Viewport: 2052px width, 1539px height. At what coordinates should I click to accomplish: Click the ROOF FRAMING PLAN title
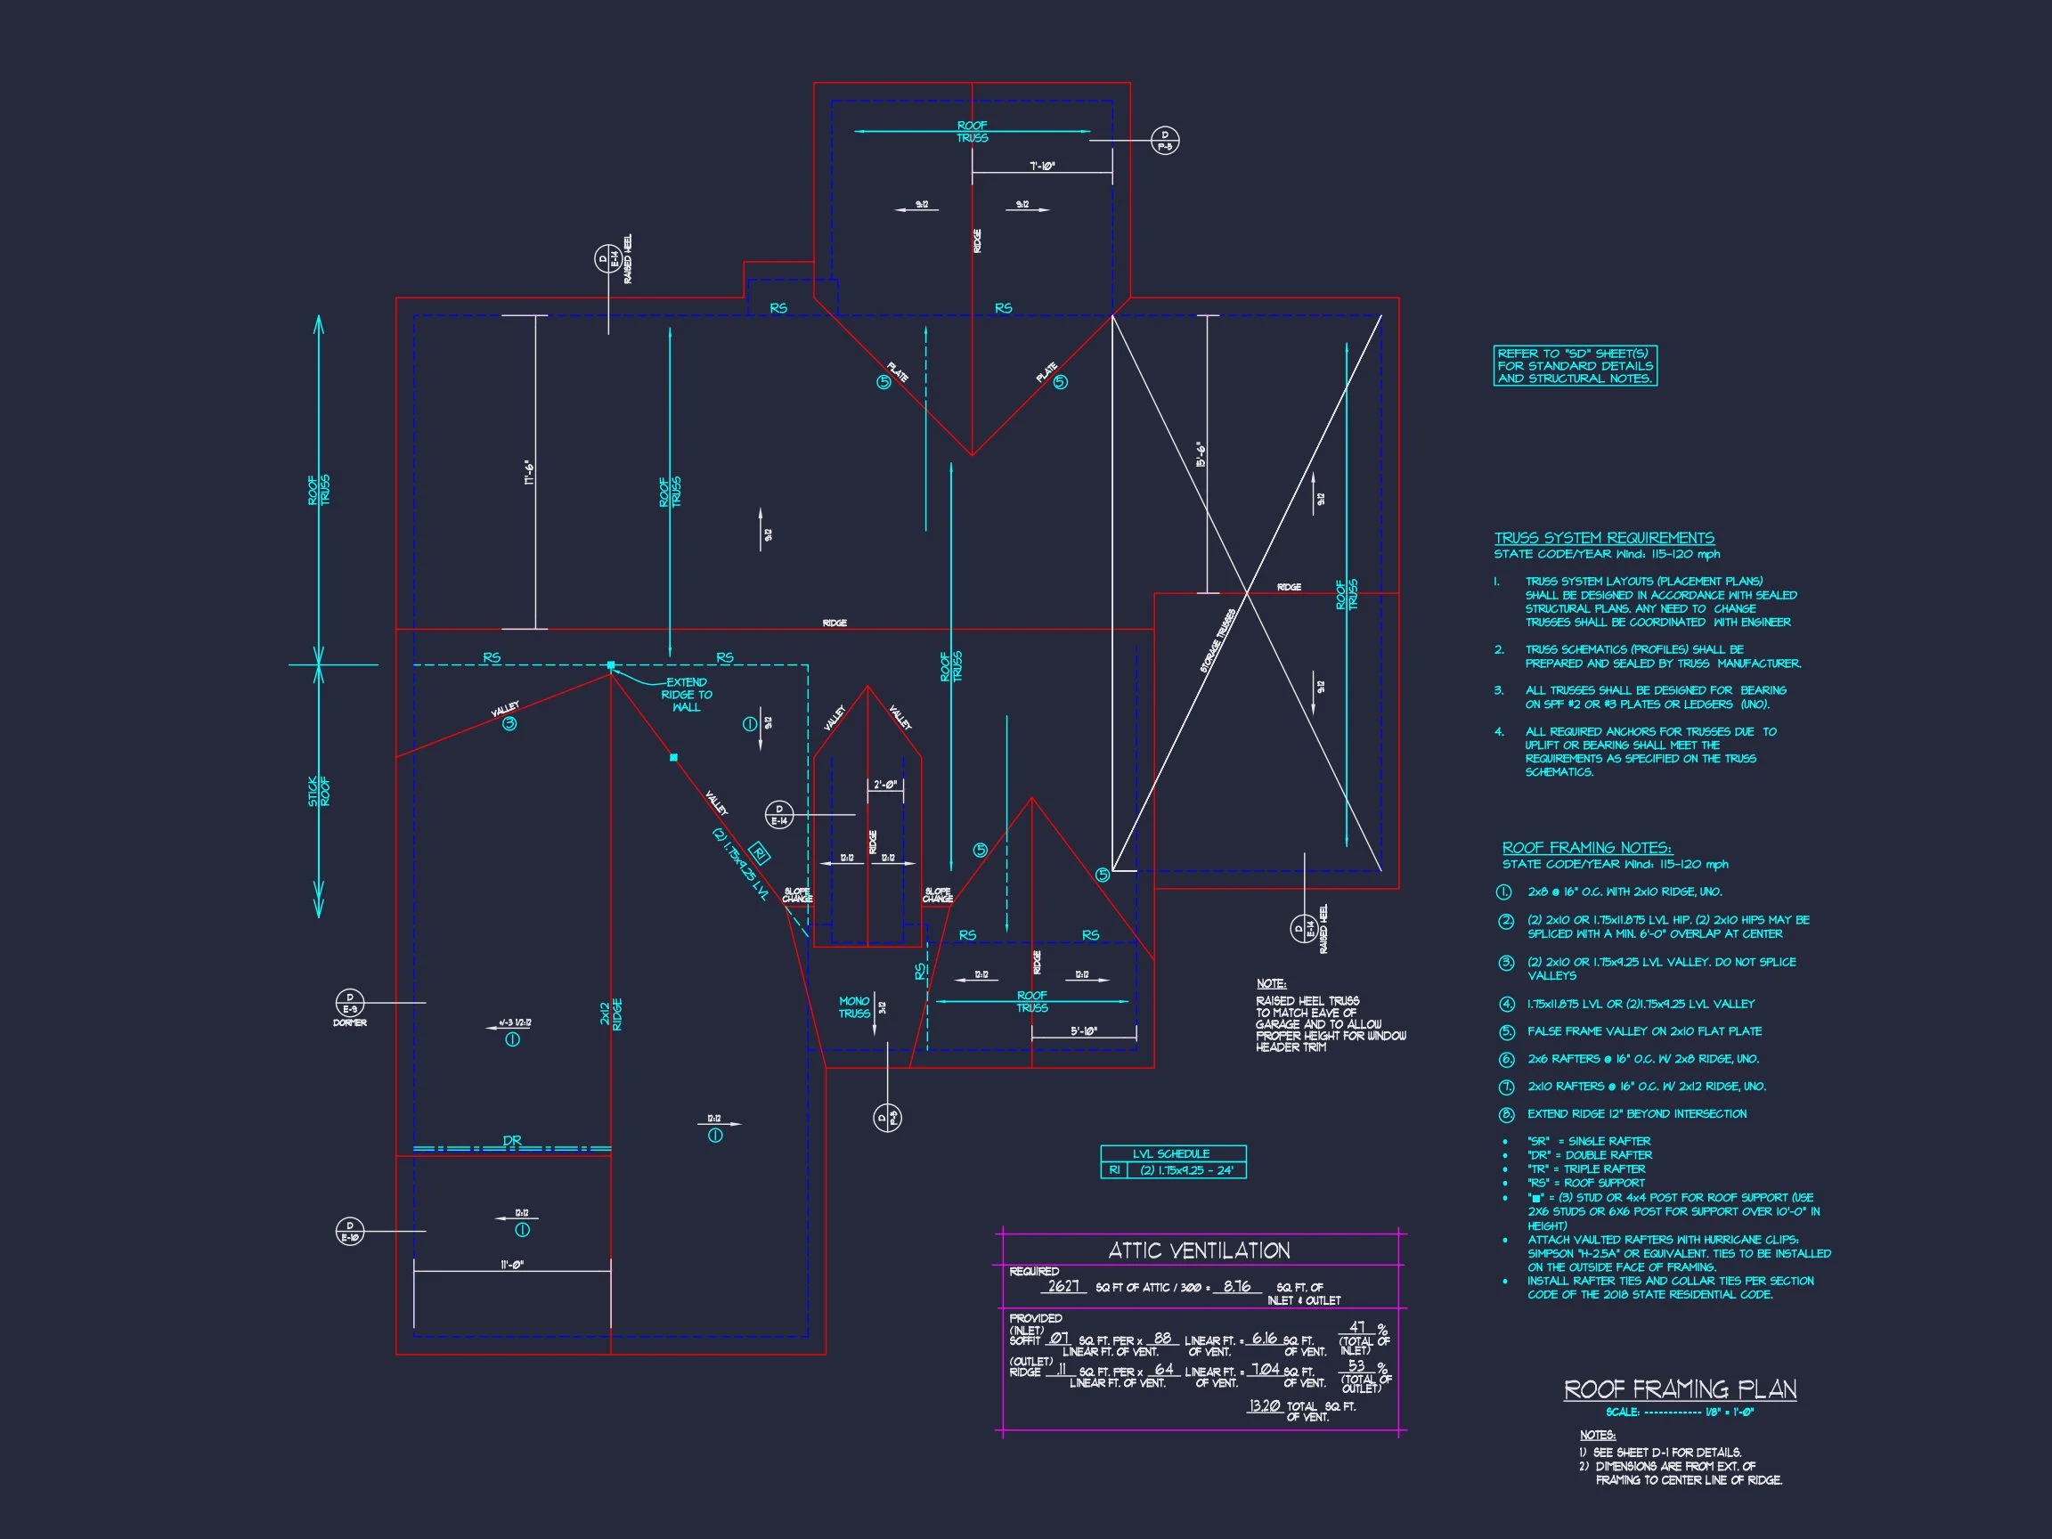(1680, 1388)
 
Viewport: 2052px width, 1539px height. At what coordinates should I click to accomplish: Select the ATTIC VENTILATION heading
(1199, 1250)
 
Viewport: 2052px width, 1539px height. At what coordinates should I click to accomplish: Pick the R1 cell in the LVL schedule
(1114, 1170)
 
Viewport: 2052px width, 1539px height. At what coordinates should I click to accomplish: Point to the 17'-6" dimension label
(530, 473)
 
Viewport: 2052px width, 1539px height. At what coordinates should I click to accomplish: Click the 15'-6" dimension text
(1201, 454)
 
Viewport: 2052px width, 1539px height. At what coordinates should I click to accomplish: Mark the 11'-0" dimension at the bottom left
(511, 1265)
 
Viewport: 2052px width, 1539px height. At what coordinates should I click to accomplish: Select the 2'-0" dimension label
(885, 785)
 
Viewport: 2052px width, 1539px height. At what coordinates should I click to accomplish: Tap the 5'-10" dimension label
(1083, 1030)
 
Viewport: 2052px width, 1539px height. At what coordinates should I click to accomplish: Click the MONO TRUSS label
(854, 1007)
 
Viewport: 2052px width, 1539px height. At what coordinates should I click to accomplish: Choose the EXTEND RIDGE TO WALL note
(687, 695)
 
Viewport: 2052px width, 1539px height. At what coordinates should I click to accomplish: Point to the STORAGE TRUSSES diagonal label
(1218, 641)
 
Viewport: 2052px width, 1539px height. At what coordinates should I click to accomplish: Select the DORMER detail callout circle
(350, 1003)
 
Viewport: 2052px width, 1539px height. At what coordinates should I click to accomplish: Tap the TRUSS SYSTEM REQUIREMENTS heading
(1604, 538)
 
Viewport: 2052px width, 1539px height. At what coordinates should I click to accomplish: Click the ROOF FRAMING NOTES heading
(1586, 848)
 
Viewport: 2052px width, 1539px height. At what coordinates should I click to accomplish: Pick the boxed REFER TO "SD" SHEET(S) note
(1576, 365)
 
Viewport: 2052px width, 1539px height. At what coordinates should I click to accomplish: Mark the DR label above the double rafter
(512, 1141)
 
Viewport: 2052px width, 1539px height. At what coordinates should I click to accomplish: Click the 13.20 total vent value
(1264, 1406)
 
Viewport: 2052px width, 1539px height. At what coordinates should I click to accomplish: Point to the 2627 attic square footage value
(1063, 1287)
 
